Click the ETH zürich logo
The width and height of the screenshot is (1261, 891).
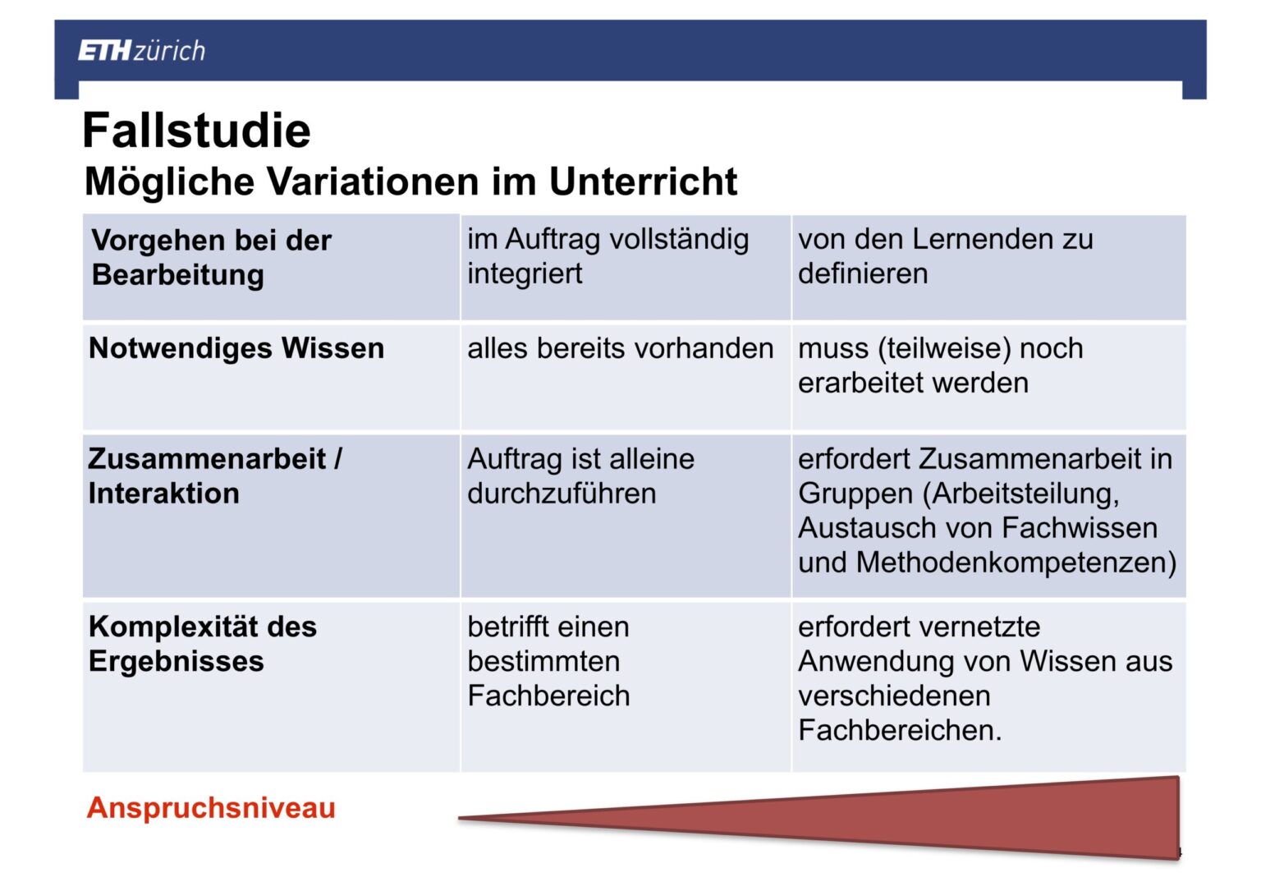click(x=141, y=51)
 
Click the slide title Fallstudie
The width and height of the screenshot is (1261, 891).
click(x=196, y=130)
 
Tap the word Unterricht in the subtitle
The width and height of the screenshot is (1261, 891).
click(x=643, y=181)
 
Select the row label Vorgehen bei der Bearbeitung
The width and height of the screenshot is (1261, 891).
click(x=212, y=257)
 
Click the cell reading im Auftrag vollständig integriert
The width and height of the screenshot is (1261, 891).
click(x=608, y=256)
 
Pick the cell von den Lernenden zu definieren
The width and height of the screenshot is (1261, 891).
click(x=946, y=256)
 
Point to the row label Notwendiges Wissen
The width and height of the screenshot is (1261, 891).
click(x=236, y=348)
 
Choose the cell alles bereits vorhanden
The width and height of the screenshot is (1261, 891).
click(x=621, y=349)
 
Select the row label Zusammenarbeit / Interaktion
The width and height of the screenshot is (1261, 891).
click(x=215, y=476)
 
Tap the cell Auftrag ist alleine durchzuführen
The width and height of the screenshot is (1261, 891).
click(x=581, y=476)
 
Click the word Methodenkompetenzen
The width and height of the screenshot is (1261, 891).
click(x=1016, y=563)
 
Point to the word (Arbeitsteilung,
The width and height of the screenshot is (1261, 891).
click(x=1020, y=494)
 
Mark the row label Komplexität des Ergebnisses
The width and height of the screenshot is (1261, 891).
click(x=203, y=644)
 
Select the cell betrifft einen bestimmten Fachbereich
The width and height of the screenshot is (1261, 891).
click(x=548, y=661)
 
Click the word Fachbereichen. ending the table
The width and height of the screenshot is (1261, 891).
click(x=900, y=730)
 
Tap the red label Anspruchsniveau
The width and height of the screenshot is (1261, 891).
click(x=211, y=807)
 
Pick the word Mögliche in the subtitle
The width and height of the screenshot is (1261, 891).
click(x=169, y=182)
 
